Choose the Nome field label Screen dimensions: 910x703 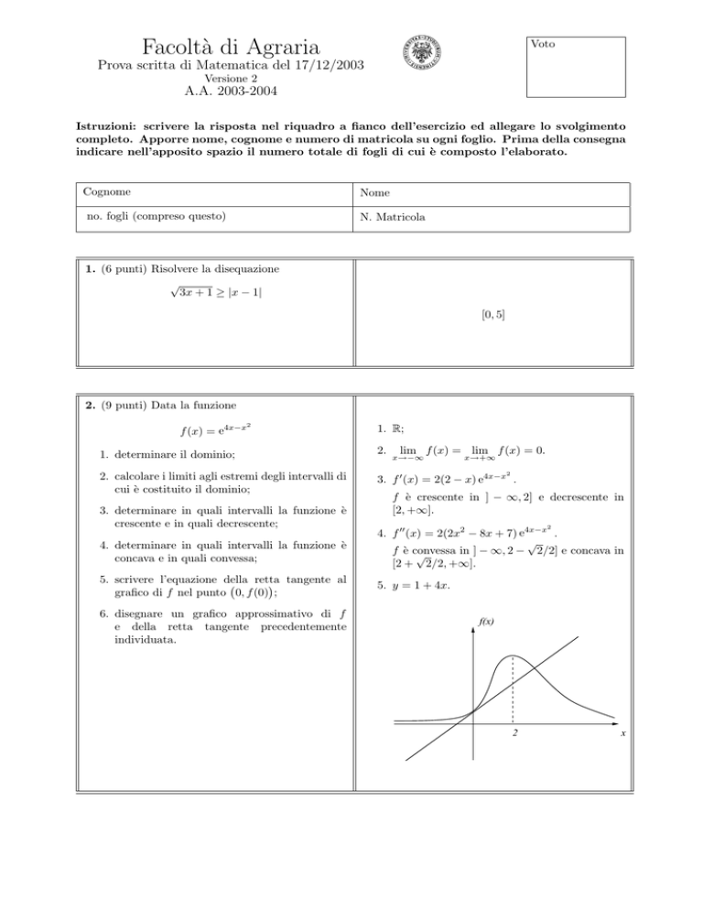[376, 194]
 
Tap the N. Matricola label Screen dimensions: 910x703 [395, 219]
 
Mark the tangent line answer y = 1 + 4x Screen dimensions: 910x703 [408, 588]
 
